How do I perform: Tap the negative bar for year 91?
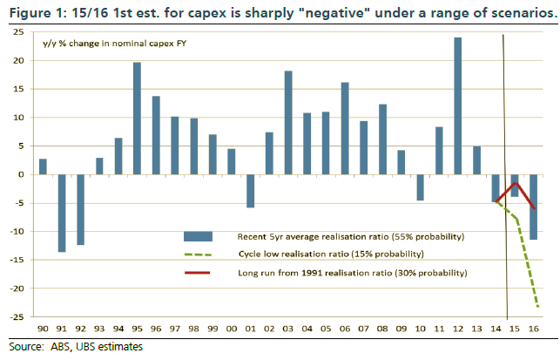[62, 213]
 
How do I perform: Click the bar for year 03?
[288, 123]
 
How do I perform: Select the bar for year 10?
[420, 187]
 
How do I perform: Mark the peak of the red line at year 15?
[514, 183]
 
